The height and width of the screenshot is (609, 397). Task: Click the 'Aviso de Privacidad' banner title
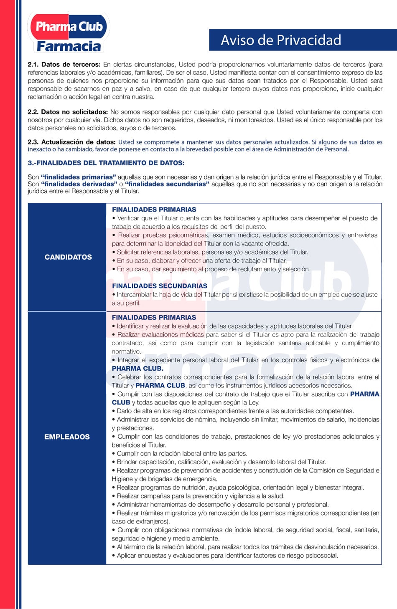281,40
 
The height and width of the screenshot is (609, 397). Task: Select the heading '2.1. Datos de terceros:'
64,65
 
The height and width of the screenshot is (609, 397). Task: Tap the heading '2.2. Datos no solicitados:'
68,112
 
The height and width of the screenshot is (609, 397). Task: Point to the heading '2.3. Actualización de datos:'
71,142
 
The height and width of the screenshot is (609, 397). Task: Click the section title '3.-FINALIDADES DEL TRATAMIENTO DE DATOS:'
106,163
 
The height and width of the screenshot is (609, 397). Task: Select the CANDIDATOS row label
68,257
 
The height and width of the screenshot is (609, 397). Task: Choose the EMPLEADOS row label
67,437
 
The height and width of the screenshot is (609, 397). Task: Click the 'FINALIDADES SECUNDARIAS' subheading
159,286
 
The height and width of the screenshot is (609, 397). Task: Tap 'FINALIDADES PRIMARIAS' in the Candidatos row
154,210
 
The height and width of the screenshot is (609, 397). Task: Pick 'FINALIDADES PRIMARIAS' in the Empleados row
154,318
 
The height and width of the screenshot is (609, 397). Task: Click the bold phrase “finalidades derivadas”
79,184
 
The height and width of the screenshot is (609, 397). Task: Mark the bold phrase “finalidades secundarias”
167,184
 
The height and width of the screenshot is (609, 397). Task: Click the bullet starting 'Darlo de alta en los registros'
235,411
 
